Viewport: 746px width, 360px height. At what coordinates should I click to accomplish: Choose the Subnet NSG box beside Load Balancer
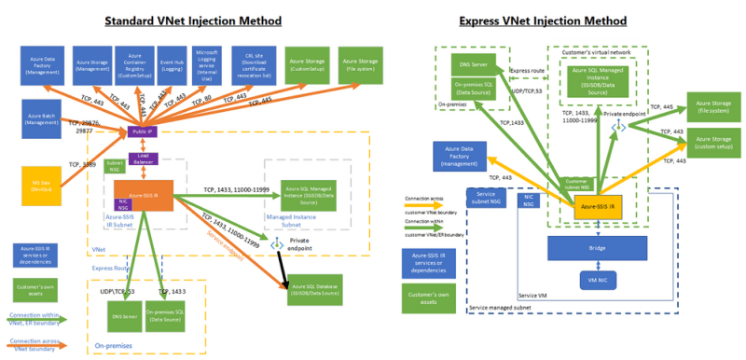115,165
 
